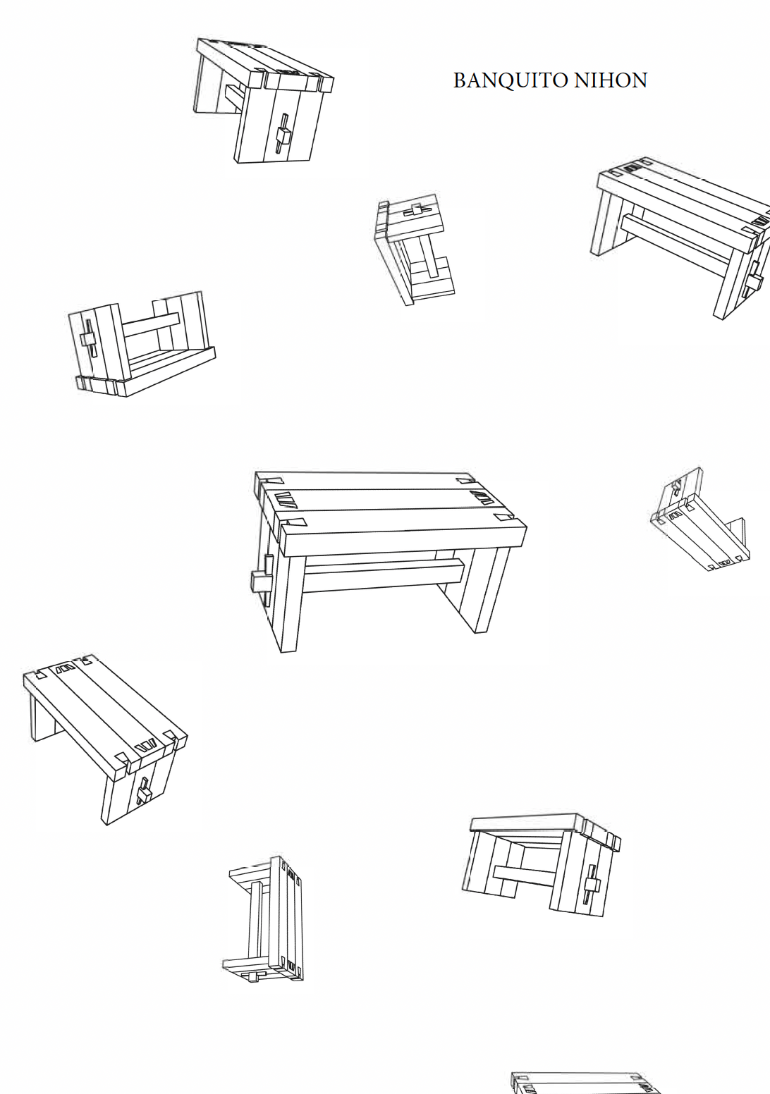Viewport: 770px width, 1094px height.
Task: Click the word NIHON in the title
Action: [611, 80]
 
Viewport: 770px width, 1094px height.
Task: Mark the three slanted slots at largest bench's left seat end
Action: [288, 501]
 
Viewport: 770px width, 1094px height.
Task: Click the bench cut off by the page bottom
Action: [585, 1083]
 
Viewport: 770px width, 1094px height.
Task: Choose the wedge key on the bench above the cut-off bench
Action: [591, 885]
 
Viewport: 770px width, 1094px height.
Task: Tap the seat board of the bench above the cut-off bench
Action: [525, 822]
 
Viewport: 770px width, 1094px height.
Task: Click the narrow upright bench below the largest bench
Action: [265, 919]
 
